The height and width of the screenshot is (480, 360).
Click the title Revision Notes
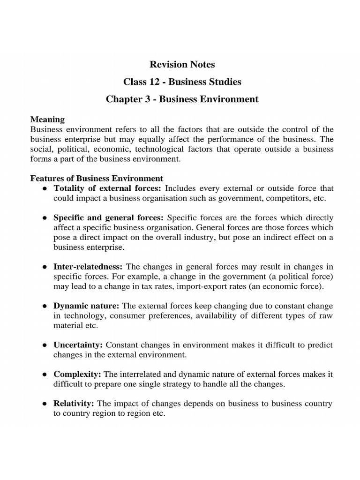(x=182, y=64)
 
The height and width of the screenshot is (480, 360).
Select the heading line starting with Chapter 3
(x=182, y=99)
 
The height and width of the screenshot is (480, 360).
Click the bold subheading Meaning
(x=47, y=120)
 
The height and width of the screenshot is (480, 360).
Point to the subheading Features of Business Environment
(x=97, y=179)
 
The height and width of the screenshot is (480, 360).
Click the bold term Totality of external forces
(x=107, y=188)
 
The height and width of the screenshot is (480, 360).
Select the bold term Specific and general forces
(x=109, y=218)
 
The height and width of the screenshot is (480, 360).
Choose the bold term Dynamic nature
(x=86, y=306)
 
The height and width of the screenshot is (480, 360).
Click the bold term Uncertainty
(x=78, y=345)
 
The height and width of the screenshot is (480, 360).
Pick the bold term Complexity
(x=77, y=374)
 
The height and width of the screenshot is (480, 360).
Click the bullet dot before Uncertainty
(x=44, y=345)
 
